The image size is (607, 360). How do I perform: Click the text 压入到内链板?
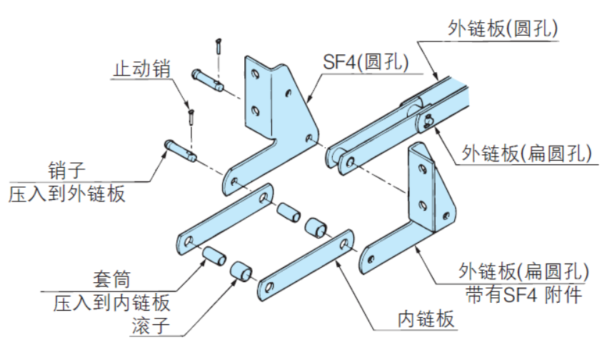[x=112, y=302]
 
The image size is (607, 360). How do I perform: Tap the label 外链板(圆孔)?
[x=503, y=28]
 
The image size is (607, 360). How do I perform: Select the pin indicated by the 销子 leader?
[x=180, y=151]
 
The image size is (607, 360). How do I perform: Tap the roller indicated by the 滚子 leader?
[x=241, y=272]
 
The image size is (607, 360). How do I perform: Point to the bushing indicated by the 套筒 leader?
[x=211, y=255]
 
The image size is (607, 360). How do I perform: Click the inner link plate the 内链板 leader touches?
[x=307, y=264]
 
